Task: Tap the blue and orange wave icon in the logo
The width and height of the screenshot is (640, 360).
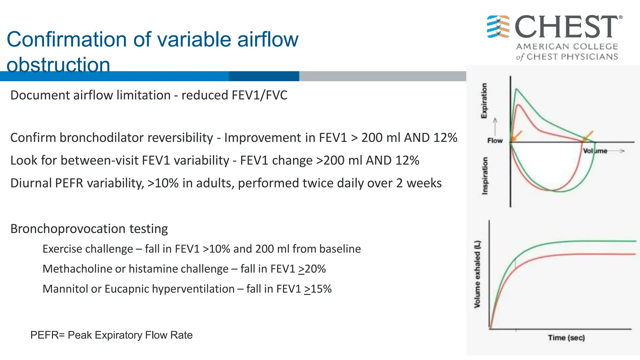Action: click(x=498, y=27)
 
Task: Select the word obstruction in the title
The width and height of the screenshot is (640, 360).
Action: click(x=58, y=65)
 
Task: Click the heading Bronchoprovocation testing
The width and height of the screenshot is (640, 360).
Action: click(x=89, y=229)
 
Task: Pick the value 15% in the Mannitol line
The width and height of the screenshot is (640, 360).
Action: click(x=321, y=289)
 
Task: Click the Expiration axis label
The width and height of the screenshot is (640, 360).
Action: click(x=484, y=101)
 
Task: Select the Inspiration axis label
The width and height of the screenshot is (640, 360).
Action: click(x=485, y=176)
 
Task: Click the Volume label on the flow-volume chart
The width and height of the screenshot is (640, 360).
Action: click(x=595, y=151)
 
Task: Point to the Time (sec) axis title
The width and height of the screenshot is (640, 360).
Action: click(x=566, y=338)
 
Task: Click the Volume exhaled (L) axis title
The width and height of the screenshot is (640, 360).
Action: click(x=477, y=274)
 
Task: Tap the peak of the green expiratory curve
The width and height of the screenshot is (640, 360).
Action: click(x=516, y=89)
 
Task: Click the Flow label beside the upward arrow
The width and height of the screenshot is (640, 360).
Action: click(x=495, y=141)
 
